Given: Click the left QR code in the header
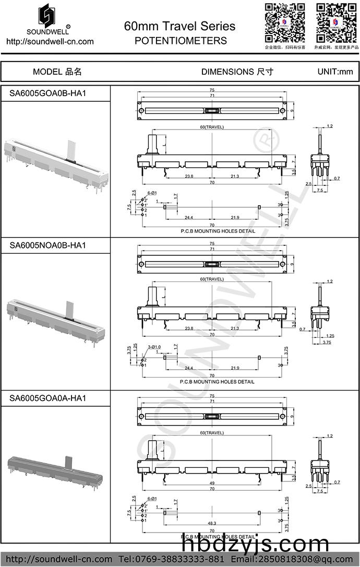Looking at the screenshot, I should point(285,22).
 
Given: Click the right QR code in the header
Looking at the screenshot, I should point(337,22).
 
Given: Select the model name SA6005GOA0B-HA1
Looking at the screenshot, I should point(47,94).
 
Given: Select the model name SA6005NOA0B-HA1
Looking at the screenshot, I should point(47,245).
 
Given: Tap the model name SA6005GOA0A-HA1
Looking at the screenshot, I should point(47,398).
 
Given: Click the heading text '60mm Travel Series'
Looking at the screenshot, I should point(180,26).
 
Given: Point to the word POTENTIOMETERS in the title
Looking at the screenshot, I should point(181,40).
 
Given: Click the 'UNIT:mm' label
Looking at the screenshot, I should point(335,72).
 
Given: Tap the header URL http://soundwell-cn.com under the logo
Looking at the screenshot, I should point(50,41).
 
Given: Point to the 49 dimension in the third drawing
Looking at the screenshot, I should point(212,482).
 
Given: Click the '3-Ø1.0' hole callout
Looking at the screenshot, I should point(154,347).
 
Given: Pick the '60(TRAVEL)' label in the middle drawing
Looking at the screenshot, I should point(212,280).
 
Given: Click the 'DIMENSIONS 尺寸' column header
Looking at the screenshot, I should point(237,72).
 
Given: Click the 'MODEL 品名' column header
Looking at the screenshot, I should point(57,72).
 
